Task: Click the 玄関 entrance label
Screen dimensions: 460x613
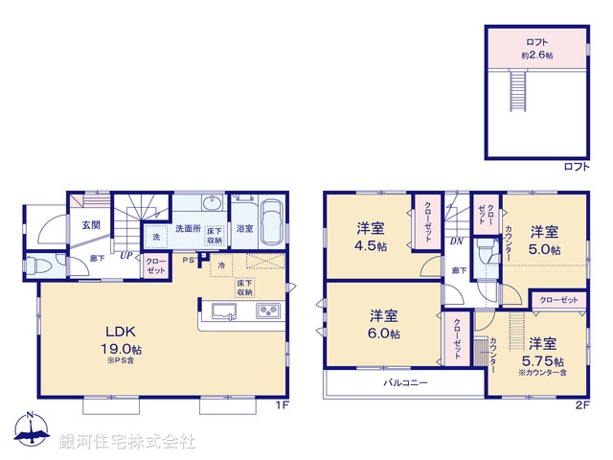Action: pos(90,224)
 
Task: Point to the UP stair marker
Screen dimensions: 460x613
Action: pos(125,255)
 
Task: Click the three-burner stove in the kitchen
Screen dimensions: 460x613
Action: pos(267,311)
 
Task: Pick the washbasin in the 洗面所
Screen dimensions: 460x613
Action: pos(213,204)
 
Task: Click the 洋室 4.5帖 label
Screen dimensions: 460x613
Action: pos(372,237)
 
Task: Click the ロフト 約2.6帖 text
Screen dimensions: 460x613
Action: pos(536,48)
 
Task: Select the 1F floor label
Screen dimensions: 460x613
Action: pos(282,406)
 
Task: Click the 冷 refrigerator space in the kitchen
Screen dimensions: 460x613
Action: pos(221,264)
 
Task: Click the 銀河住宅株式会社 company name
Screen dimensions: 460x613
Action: pos(126,442)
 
